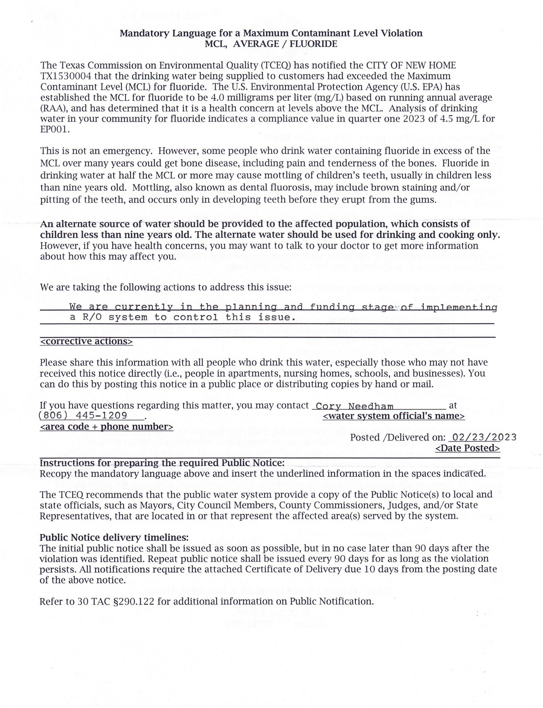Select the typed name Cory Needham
pyautogui.click(x=354, y=407)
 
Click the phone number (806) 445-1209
pyautogui.click(x=82, y=415)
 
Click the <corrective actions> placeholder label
pyautogui.click(x=86, y=342)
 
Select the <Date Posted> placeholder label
pyautogui.click(x=467, y=448)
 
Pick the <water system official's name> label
pyautogui.click(x=394, y=416)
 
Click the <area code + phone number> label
pyautogui.click(x=106, y=427)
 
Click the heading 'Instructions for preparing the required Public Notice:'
pyautogui.click(x=162, y=463)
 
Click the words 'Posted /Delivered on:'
pyautogui.click(x=397, y=438)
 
